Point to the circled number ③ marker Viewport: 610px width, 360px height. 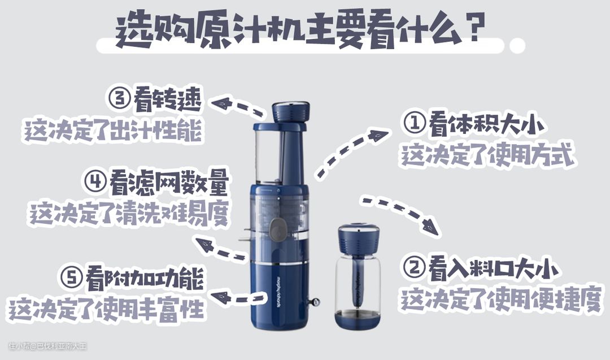coord(119,100)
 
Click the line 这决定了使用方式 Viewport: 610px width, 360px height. coord(487,155)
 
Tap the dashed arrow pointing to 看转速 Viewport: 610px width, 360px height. coord(237,106)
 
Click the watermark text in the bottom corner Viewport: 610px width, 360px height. coord(47,346)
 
